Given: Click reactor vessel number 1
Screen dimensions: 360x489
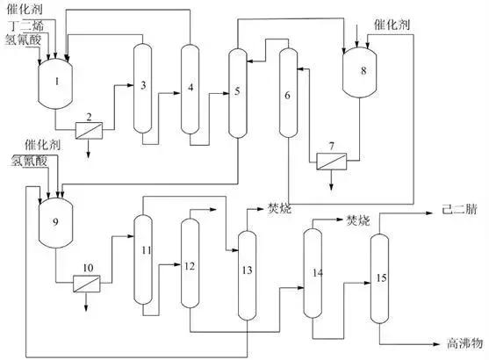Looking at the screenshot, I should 57,81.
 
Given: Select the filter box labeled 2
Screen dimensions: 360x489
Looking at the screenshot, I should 88,129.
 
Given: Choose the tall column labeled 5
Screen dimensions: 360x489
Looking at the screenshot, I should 236,92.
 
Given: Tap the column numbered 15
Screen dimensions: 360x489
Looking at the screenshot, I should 380,279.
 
